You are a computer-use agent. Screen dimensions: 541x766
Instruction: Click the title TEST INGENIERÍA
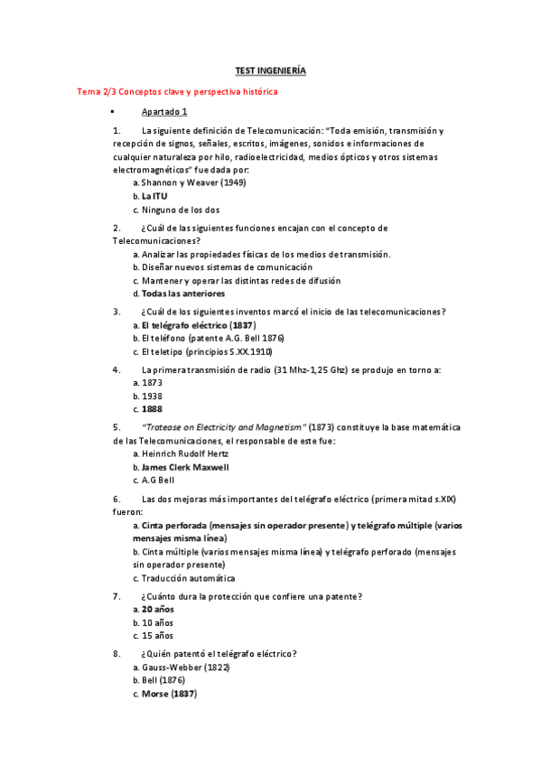(271, 70)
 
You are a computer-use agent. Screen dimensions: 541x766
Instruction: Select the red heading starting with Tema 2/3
(178, 92)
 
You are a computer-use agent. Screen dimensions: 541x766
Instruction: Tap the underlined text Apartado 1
(164, 112)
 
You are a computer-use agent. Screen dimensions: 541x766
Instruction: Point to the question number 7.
(117, 596)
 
